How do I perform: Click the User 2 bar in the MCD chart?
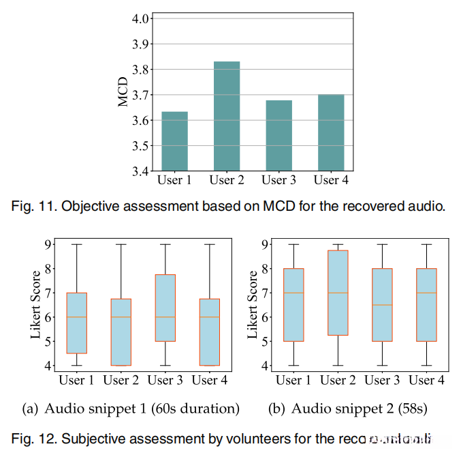coord(227,116)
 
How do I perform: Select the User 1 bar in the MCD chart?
coord(174,141)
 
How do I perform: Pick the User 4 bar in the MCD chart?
coord(331,132)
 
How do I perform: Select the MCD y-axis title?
coord(123,92)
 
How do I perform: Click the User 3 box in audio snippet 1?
coord(165,308)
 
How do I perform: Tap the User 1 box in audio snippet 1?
coord(76,323)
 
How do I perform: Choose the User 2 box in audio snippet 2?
coord(338,293)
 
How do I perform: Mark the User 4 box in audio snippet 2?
coord(426,305)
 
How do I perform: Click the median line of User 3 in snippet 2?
coord(382,305)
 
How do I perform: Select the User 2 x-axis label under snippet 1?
coord(121,380)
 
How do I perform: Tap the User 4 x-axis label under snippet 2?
coord(426,380)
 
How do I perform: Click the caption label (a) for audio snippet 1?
coord(31,409)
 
